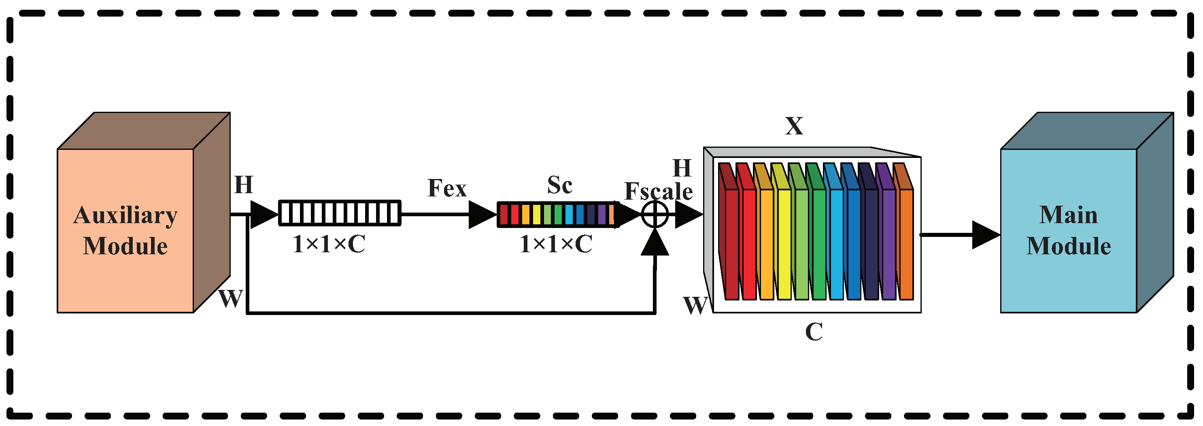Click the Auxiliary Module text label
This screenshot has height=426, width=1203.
(x=125, y=230)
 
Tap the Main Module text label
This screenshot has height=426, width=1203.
(x=1068, y=230)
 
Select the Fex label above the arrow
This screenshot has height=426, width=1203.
(x=447, y=188)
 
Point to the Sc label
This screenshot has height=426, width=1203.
(x=559, y=185)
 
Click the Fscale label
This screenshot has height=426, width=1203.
(x=659, y=191)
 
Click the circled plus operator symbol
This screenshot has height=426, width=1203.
(x=655, y=215)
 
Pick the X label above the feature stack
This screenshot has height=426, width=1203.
(x=794, y=126)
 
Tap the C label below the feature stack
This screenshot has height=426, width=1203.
(x=814, y=332)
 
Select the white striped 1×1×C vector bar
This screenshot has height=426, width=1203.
(x=340, y=213)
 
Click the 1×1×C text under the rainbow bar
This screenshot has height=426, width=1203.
(x=556, y=244)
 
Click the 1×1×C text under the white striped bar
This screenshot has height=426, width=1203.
(x=329, y=244)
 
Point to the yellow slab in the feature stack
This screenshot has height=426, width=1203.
(x=784, y=243)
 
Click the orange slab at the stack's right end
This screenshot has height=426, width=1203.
(x=906, y=243)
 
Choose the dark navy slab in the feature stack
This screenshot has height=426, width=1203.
(x=871, y=243)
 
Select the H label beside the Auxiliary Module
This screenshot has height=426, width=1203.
(x=243, y=185)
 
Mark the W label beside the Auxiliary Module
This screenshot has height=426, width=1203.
(x=231, y=298)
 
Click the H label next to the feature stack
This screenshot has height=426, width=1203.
(x=682, y=168)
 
